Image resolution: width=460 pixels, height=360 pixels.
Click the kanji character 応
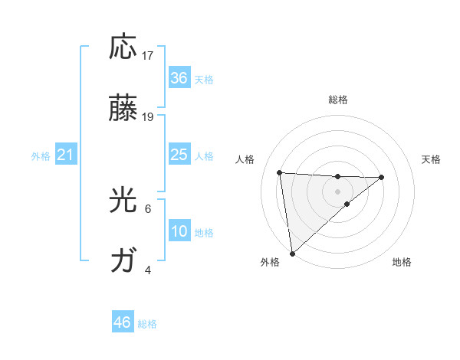123,47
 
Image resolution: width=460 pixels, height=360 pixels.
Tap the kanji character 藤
123,110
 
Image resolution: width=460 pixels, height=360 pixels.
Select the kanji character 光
123,201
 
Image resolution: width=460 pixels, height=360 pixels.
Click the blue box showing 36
179,78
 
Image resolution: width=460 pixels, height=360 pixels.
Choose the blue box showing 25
179,155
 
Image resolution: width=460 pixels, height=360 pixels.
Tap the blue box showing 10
179,231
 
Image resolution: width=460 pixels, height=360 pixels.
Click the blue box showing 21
66,155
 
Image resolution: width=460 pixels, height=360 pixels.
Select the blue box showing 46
123,322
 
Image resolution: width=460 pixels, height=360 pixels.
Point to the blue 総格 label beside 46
147,324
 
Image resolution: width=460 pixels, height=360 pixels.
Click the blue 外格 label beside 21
41,156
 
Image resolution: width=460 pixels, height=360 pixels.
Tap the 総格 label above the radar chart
337,100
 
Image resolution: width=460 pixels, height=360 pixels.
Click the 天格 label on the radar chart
431,159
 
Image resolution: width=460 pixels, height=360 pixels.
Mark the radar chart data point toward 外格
292,253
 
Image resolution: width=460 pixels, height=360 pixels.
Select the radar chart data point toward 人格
279,172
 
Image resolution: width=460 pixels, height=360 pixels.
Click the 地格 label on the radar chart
402,262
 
